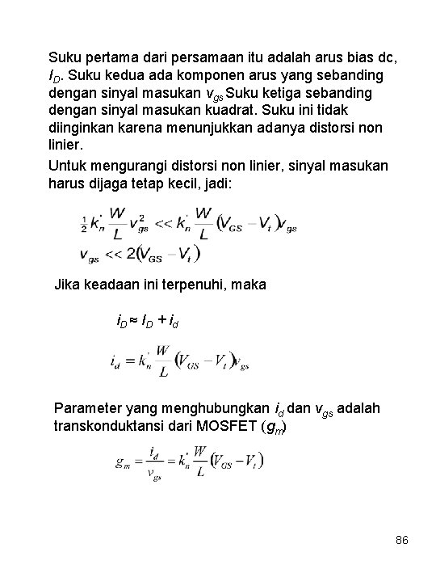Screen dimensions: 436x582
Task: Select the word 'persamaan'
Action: pos(198,57)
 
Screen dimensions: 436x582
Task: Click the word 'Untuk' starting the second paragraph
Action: pos(69,166)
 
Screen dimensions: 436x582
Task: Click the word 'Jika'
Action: pos(67,285)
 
